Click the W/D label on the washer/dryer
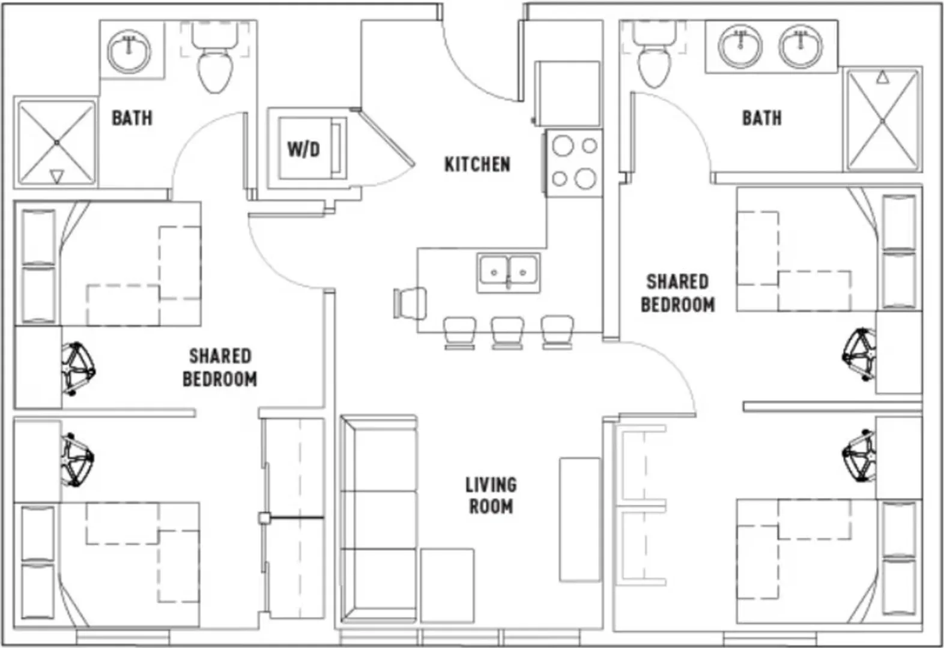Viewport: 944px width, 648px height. pos(303,149)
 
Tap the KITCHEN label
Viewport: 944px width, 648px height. pos(477,164)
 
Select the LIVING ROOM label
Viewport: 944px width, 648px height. pos(491,496)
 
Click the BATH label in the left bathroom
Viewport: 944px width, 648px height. pos(132,118)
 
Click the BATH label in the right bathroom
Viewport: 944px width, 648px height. pos(762,118)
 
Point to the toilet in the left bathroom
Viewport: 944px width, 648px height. pos(215,57)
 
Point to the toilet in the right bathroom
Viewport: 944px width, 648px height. pos(654,54)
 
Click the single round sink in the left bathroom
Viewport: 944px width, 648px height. pos(129,52)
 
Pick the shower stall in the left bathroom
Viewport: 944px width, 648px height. pos(56,143)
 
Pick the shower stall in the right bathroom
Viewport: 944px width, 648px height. pos(883,121)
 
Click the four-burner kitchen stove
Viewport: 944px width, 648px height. pos(574,163)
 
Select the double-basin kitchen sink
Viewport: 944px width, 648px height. pos(509,272)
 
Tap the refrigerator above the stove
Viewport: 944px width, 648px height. pos(567,94)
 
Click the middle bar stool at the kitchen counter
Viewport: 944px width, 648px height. pos(508,332)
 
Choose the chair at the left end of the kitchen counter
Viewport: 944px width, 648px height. pos(410,303)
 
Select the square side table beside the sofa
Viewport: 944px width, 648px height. pos(447,586)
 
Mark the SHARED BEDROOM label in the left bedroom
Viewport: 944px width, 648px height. pos(220,368)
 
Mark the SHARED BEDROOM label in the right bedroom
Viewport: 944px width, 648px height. pos(677,293)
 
